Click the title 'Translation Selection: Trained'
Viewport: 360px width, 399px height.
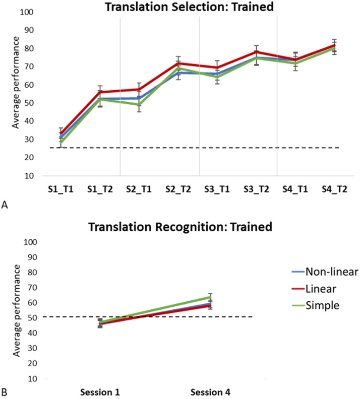190,7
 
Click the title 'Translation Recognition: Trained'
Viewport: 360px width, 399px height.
181,227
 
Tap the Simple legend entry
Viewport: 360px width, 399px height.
316,305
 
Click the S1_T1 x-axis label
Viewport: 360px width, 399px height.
61,189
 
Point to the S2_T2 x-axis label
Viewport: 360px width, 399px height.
178,189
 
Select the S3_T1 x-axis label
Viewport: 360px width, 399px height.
217,189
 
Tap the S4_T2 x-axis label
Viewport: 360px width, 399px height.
334,189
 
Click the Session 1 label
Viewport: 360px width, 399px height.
100,392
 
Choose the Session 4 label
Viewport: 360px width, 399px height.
210,392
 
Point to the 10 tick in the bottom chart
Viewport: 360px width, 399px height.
33,379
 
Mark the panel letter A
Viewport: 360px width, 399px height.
5,205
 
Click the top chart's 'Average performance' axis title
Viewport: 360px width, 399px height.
16,83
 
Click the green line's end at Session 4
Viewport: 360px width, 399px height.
210,297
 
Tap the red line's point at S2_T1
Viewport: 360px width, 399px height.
139,89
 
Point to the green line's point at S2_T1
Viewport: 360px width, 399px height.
139,104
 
